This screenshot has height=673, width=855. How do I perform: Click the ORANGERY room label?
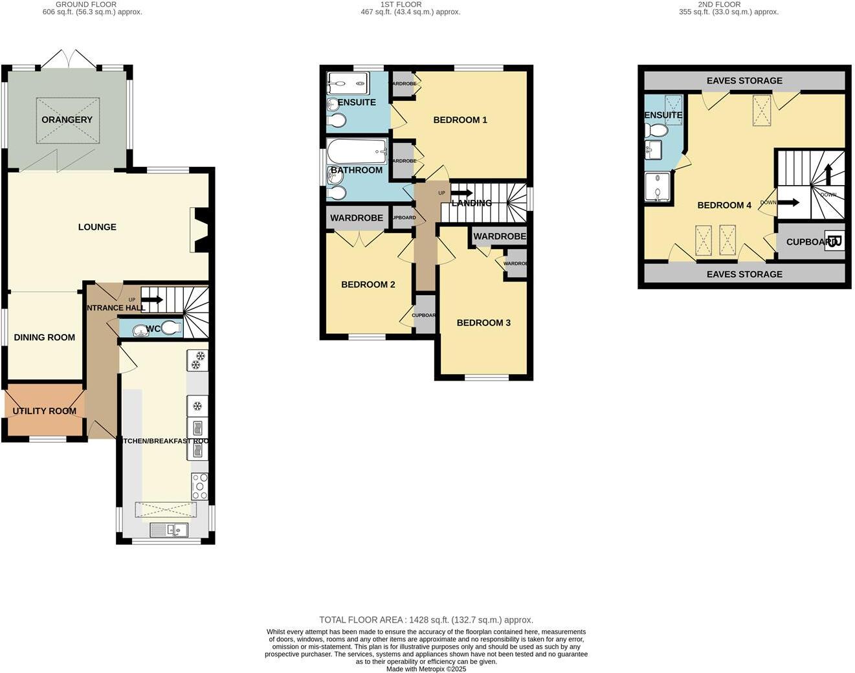[x=67, y=120]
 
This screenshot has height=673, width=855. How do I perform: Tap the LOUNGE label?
[x=97, y=227]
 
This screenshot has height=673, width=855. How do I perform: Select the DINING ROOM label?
[x=45, y=337]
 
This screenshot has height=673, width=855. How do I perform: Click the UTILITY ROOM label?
[x=45, y=411]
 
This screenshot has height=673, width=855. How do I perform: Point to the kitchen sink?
[x=168, y=530]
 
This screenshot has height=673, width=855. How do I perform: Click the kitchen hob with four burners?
[x=199, y=486]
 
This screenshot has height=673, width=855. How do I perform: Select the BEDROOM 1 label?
[x=460, y=120]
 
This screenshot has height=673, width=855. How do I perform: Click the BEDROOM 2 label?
[x=368, y=285]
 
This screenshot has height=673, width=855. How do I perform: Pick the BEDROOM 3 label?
[x=483, y=323]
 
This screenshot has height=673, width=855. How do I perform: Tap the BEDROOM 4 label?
[x=724, y=205]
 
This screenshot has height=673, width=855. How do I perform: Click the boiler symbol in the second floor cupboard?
[x=835, y=241]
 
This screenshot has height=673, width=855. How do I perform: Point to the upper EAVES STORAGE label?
[x=744, y=81]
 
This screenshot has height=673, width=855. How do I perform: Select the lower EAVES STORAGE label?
[x=744, y=274]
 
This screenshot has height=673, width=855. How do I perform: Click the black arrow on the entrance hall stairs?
[x=152, y=300]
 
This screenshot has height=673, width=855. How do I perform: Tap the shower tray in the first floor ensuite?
[x=348, y=83]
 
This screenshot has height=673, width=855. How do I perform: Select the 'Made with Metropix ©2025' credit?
[x=426, y=669]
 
